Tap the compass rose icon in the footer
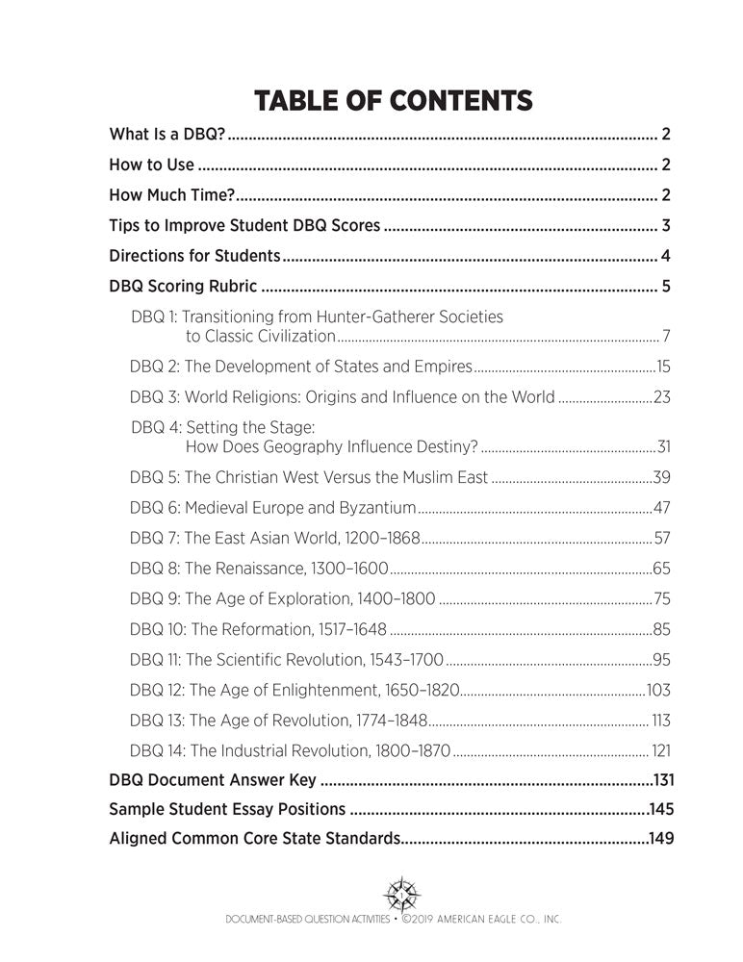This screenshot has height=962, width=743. [x=397, y=891]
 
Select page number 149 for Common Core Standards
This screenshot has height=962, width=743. [x=661, y=838]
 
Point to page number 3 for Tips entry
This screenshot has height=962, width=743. [x=665, y=227]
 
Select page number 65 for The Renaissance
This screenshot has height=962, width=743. [x=661, y=569]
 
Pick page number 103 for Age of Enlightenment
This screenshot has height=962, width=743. [x=658, y=690]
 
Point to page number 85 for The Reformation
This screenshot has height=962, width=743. [x=661, y=629]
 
